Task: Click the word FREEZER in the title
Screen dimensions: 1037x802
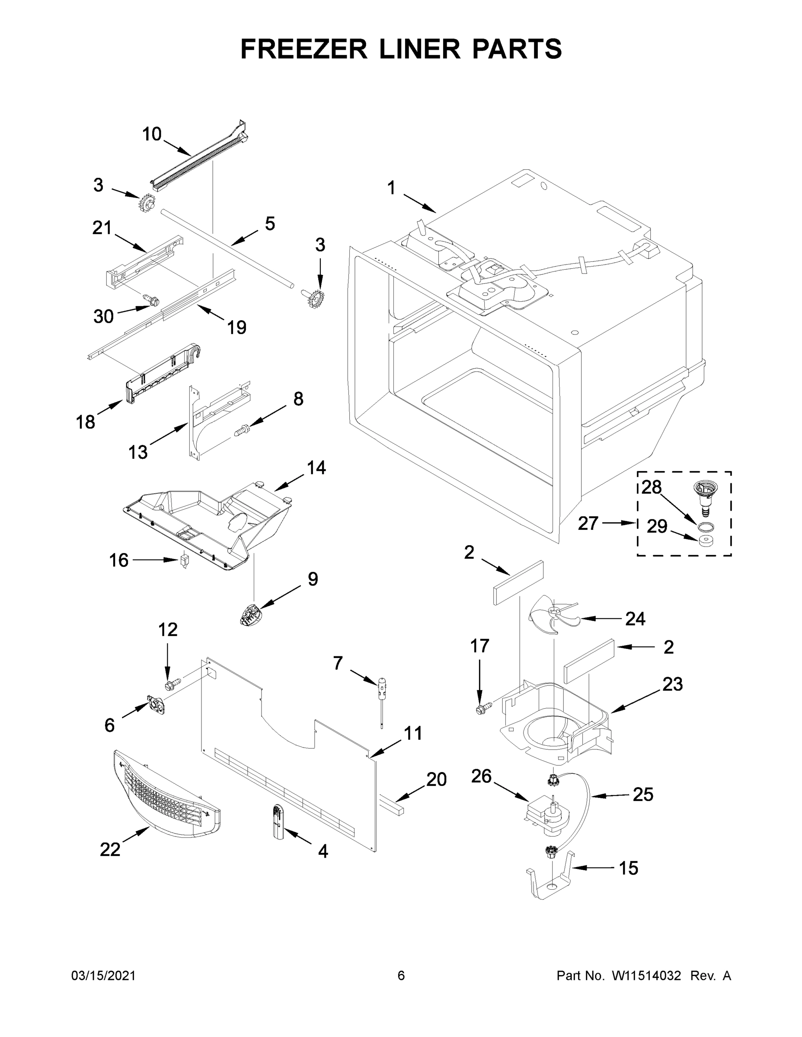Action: click(304, 49)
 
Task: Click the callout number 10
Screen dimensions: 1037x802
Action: click(152, 134)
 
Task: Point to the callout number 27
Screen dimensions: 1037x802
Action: click(588, 523)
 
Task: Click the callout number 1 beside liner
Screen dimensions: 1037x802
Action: click(391, 188)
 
